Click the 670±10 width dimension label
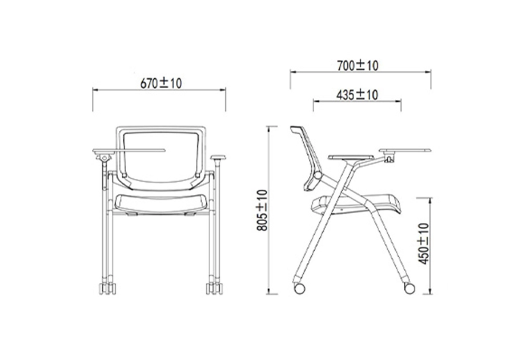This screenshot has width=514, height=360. [x=160, y=83]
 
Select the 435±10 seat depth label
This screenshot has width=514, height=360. [x=357, y=94]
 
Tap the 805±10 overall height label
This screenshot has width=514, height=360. [x=261, y=210]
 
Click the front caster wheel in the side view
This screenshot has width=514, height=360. [x=409, y=287]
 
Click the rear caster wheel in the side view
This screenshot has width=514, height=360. [x=299, y=287]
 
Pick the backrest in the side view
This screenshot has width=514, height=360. [x=308, y=154]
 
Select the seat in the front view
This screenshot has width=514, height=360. [x=160, y=202]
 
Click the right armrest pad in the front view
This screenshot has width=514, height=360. [x=219, y=157]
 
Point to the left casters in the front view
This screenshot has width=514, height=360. [x=107, y=288]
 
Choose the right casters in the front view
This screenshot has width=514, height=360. [x=214, y=288]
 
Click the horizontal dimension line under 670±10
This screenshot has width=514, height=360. [x=159, y=90]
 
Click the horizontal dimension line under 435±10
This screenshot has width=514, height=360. [x=357, y=101]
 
